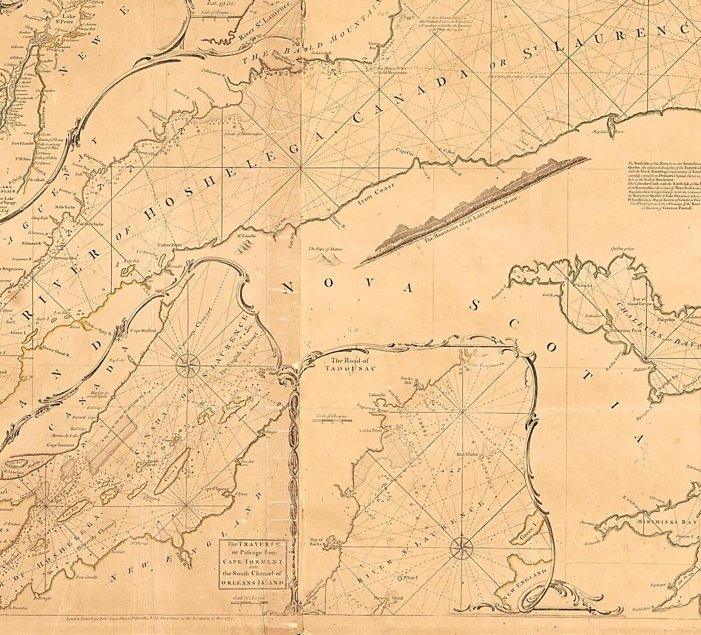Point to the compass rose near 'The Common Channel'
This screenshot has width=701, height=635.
(x=187, y=367)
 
